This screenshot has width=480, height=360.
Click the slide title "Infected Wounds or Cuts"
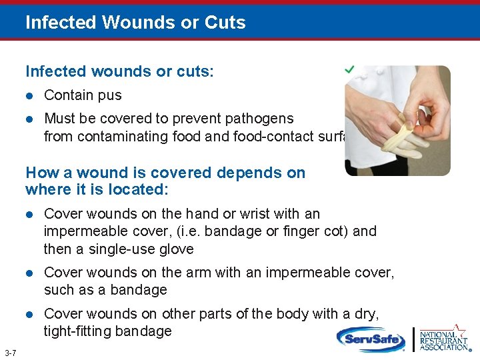click(135, 23)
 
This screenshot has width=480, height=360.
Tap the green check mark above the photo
click(349, 69)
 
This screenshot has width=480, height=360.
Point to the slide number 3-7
click(10, 352)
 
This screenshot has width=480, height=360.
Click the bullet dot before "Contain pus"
click(30, 96)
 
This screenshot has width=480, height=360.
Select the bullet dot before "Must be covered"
click(30, 119)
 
